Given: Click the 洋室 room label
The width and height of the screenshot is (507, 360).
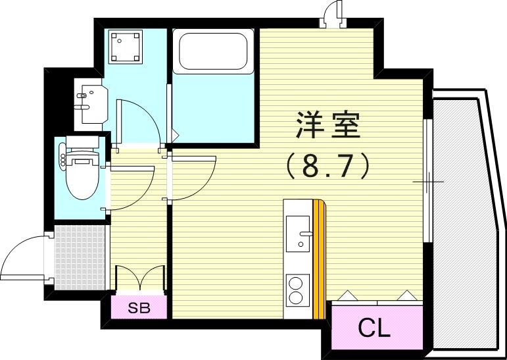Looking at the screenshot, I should click(x=327, y=126).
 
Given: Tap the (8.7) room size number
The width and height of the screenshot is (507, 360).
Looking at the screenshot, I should click(x=327, y=166).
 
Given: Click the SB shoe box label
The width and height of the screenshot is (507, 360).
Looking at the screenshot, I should click(x=138, y=308).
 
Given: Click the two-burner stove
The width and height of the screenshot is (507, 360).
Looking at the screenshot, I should click(x=297, y=290).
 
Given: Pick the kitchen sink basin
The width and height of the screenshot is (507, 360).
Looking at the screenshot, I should click(x=300, y=231).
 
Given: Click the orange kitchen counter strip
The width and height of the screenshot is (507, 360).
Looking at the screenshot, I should click(x=319, y=257).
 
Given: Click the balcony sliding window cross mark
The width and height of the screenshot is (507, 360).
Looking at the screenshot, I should click(x=428, y=181).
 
